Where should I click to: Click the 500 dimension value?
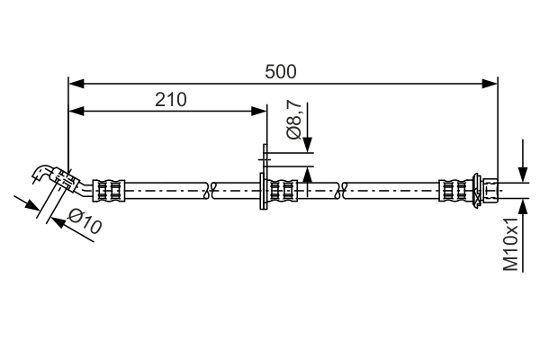point(280,72)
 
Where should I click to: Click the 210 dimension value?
point(170,100)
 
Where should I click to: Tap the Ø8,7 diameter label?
point(293,120)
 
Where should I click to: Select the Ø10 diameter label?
point(85,221)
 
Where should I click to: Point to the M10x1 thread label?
point(510,244)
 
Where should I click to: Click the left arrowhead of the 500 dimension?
point(76,84)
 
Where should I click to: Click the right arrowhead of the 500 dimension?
point(490,84)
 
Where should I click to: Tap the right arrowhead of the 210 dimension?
point(259,112)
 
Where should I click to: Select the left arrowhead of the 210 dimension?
point(76,112)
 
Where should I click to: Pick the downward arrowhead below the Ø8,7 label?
point(308,144)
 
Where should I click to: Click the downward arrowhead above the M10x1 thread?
point(523,175)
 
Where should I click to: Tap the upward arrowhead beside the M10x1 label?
point(523,207)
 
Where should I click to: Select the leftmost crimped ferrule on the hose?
point(109,190)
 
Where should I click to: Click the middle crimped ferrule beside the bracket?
point(283,190)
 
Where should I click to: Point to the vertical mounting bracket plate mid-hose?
point(264,176)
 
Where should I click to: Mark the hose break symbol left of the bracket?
point(210,190)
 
